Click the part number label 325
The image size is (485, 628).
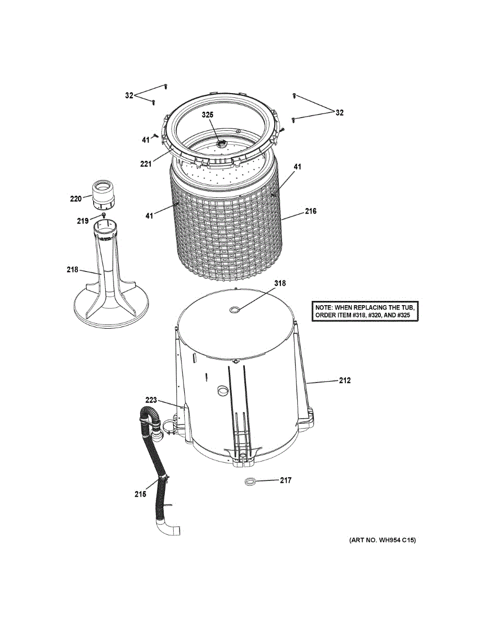208,115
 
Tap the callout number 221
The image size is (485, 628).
145,164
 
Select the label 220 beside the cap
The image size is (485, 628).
76,198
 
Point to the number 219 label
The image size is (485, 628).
83,221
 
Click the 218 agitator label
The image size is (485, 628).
72,270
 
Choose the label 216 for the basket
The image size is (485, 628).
311,212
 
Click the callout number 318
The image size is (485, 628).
280,283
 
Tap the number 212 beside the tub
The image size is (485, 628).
344,380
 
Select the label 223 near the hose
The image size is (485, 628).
151,400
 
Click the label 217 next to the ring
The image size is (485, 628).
285,480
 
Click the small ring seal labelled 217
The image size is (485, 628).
250,481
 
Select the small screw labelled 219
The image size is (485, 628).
104,215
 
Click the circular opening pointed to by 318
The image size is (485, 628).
235,310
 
